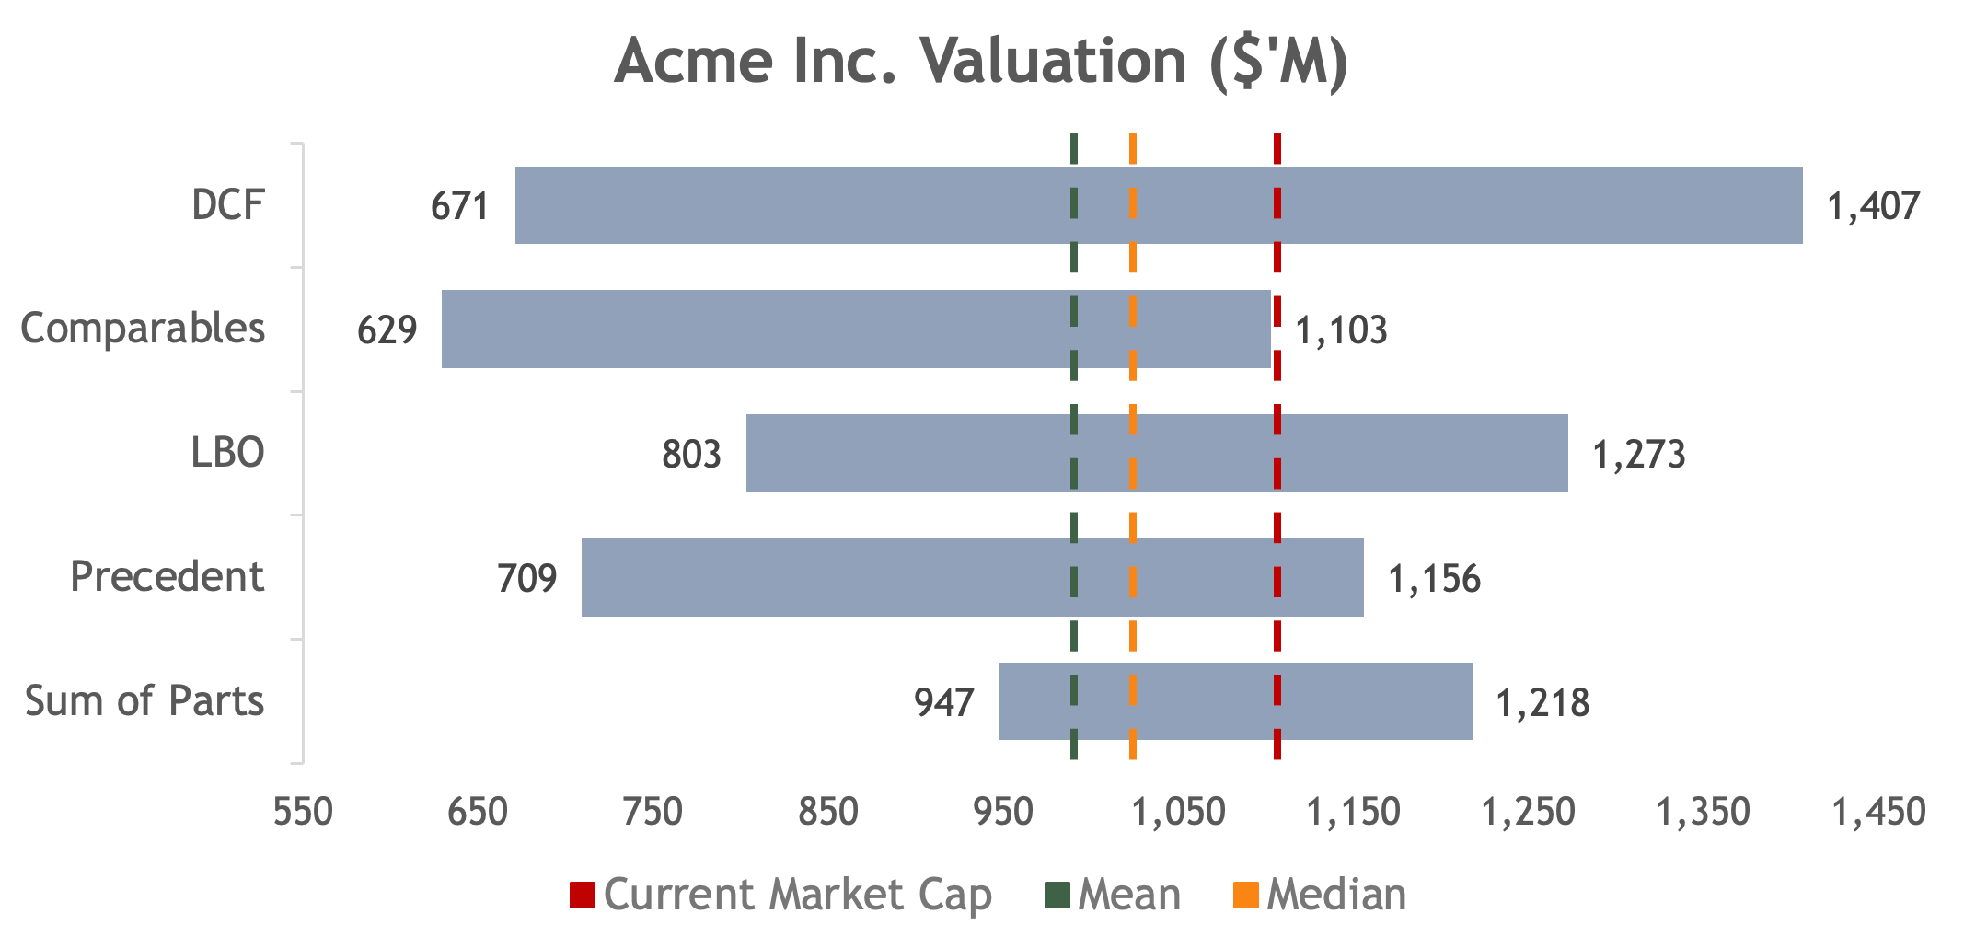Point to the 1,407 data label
click(1874, 206)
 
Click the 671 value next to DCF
click(460, 206)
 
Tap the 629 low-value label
click(387, 329)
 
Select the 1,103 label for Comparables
click(1341, 330)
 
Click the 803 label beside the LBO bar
click(691, 454)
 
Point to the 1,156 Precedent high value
click(1434, 579)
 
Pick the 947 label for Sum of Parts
click(943, 702)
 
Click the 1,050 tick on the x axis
click(1179, 812)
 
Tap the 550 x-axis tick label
click(304, 812)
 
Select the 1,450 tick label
click(1878, 812)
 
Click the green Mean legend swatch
click(1058, 895)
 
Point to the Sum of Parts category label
click(144, 701)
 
